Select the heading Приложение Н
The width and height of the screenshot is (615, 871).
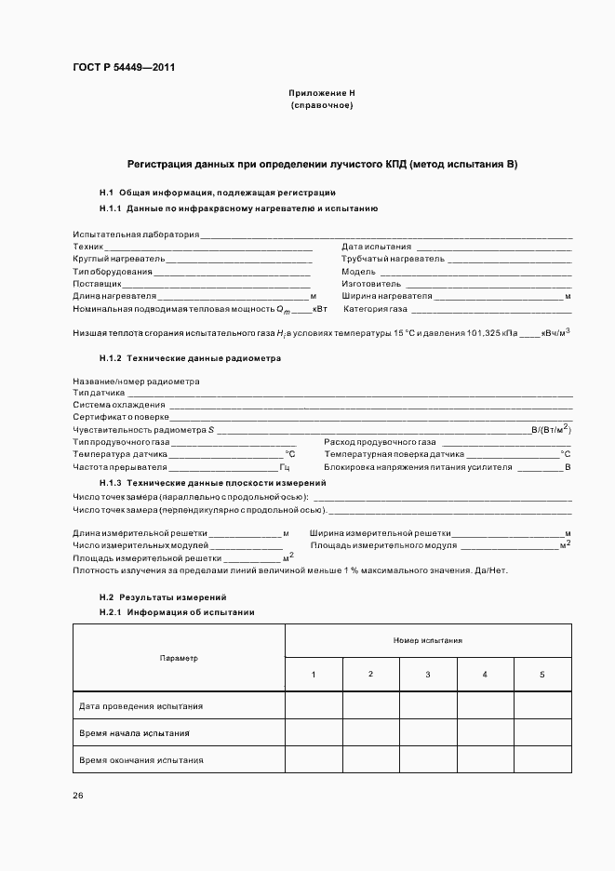pyautogui.click(x=322, y=94)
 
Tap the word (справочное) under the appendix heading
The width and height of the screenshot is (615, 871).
pyautogui.click(x=322, y=105)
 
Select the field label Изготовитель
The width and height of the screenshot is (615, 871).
pyautogui.click(x=371, y=283)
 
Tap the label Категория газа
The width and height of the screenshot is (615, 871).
pyautogui.click(x=376, y=308)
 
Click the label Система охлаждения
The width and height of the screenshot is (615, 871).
pyautogui.click(x=119, y=406)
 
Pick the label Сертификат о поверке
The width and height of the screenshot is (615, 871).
pyautogui.click(x=121, y=418)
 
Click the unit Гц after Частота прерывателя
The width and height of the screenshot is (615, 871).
pyautogui.click(x=285, y=466)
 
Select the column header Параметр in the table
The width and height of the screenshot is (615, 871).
pyautogui.click(x=179, y=658)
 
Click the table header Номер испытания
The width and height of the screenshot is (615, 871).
pyautogui.click(x=428, y=640)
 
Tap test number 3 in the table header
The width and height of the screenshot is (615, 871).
pyautogui.click(x=428, y=674)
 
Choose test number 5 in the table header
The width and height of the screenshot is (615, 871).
pyautogui.click(x=542, y=674)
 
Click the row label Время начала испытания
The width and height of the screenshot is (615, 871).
pyautogui.click(x=135, y=733)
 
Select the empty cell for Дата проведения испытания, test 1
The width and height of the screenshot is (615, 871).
pyautogui.click(x=314, y=706)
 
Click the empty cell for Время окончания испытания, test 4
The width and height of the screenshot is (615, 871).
pyautogui.click(x=485, y=760)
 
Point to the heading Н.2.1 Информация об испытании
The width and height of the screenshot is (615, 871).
pyautogui.click(x=177, y=612)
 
